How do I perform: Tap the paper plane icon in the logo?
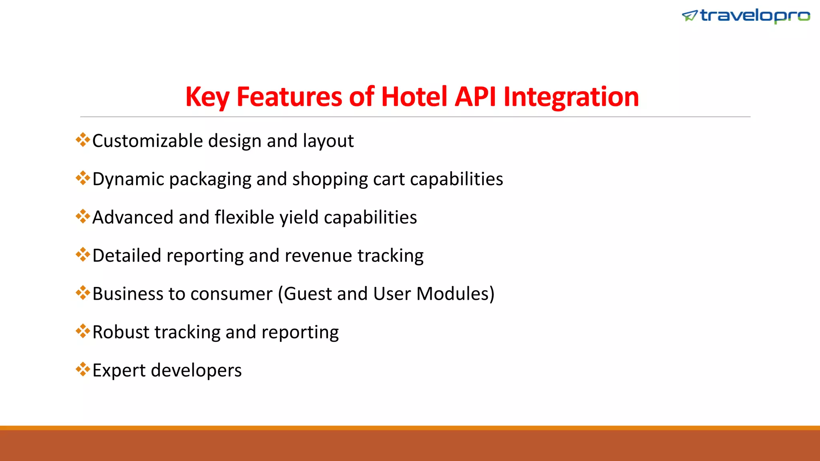[690, 16]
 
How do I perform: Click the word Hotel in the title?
[414, 97]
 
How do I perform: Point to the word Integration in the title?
[571, 97]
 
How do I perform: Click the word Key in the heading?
[207, 97]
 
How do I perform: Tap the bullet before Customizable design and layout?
[83, 140]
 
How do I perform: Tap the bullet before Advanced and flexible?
[83, 216]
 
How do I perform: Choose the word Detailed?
[127, 256]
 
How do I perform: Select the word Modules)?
[455, 294]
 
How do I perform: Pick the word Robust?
[121, 332]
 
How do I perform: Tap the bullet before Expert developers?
[83, 369]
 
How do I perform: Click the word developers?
[196, 371]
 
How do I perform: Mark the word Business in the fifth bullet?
[127, 294]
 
